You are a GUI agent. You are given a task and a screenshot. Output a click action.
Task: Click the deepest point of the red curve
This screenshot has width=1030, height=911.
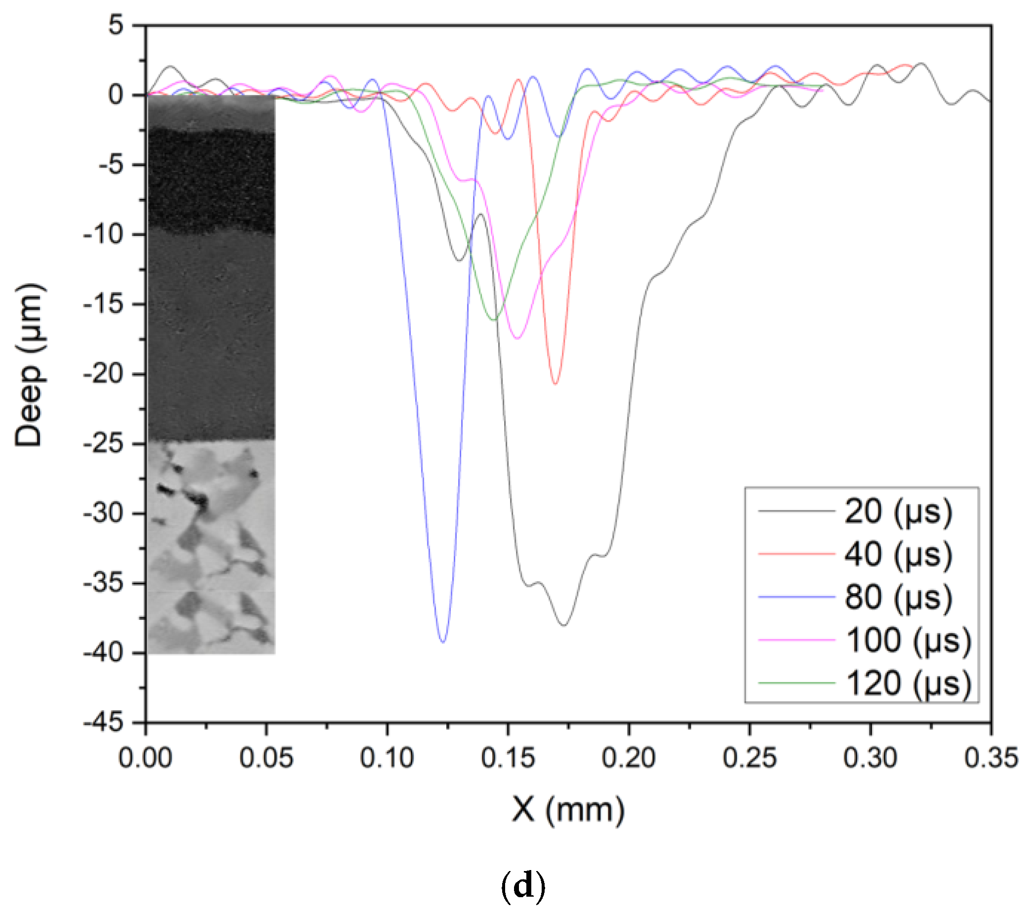click(555, 384)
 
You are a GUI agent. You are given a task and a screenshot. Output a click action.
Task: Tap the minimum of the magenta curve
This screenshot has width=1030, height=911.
click(517, 339)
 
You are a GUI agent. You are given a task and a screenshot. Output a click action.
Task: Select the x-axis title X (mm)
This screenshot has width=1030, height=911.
click(568, 810)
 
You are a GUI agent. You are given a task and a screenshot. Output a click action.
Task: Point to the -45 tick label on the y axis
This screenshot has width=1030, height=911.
click(103, 723)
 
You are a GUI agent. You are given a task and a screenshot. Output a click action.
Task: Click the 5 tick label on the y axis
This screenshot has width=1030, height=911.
click(116, 25)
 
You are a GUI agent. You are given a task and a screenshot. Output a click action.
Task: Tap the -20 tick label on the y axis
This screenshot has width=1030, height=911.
click(103, 374)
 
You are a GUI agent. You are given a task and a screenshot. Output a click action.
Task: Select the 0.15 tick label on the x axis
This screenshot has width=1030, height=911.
click(508, 758)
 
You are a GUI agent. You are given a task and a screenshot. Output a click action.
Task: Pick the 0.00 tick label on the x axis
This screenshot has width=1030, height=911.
click(146, 758)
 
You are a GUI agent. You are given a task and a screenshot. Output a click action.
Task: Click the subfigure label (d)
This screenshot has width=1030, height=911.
click(523, 886)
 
